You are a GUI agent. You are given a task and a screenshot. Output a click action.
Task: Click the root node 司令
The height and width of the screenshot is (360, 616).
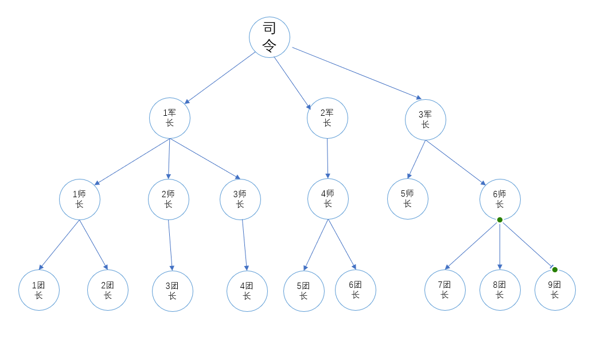[x=269, y=37]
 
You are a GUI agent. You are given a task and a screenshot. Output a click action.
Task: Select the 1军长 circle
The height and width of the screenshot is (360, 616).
[x=170, y=118]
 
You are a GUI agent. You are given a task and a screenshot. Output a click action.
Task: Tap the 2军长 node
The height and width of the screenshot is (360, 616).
[x=327, y=118]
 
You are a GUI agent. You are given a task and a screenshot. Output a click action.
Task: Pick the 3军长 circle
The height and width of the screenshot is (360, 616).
[x=425, y=120]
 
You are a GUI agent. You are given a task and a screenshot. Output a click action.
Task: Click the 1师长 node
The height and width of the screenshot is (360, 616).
[x=80, y=199]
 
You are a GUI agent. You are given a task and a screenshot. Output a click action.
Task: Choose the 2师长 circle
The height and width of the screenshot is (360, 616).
[x=168, y=199]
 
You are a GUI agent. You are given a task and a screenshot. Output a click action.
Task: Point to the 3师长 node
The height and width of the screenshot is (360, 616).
[x=240, y=199]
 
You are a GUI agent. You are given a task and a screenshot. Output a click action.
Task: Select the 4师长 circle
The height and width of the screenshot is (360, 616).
[x=328, y=199]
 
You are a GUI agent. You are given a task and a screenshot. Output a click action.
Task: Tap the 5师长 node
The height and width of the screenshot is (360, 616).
[x=407, y=199]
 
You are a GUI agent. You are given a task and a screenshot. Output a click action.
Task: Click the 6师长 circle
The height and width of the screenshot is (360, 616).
[x=500, y=199]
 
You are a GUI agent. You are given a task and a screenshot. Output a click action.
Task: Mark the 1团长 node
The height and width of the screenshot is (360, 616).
[x=39, y=290]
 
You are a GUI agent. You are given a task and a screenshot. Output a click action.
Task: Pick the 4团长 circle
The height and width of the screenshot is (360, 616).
[x=247, y=291]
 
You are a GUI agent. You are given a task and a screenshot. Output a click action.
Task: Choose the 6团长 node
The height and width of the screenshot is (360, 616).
[x=355, y=290]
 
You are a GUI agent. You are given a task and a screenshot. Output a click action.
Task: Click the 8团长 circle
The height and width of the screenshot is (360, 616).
[x=500, y=290]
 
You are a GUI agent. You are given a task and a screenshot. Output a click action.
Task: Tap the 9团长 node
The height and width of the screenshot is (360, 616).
[x=555, y=290]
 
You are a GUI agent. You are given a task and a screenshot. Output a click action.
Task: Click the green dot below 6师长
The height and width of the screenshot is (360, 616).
[x=500, y=220]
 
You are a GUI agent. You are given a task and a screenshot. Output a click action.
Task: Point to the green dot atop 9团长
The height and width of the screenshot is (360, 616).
[x=555, y=269]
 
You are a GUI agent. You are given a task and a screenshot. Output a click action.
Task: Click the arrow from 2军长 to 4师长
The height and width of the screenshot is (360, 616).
[x=328, y=158]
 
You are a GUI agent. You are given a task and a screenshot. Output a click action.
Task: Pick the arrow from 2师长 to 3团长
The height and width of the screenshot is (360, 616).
[x=170, y=245]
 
